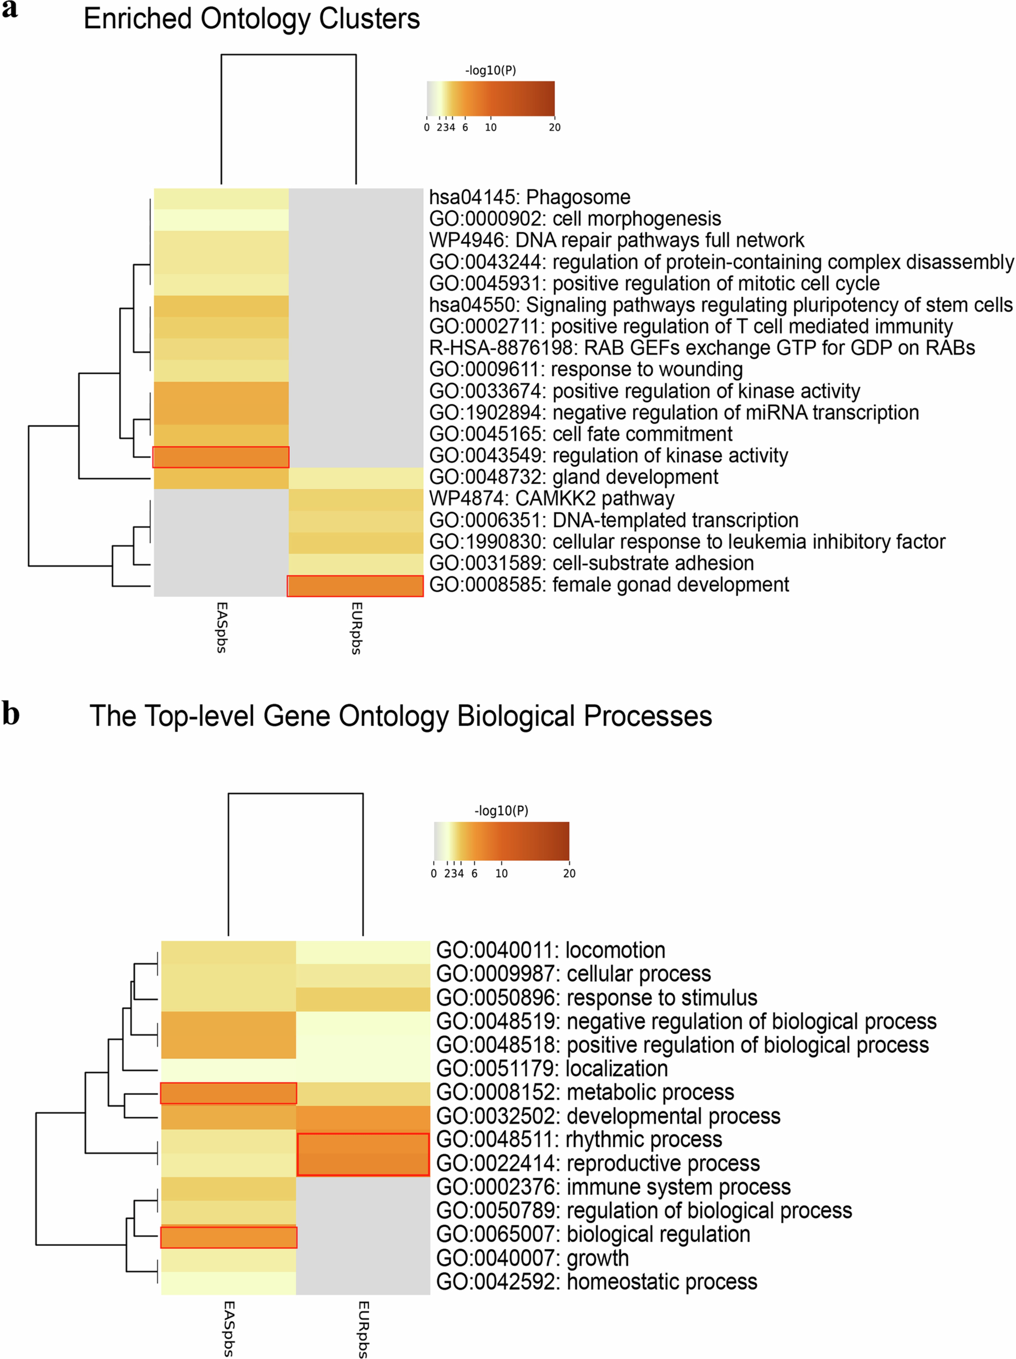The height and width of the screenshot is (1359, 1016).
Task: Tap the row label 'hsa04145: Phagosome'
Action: pos(530,197)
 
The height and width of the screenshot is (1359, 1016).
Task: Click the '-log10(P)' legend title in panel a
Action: pos(490,71)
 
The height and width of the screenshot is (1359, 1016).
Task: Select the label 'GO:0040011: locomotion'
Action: pos(550,950)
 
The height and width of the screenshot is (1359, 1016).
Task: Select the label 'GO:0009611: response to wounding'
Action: pos(585,369)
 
